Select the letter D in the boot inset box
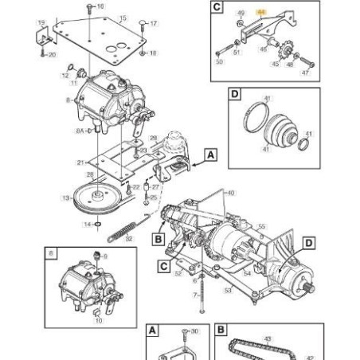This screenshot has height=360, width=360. (x=234, y=96)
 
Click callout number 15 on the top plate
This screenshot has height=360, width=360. (x=122, y=18)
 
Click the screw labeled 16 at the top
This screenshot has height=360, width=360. (x=100, y=6)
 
